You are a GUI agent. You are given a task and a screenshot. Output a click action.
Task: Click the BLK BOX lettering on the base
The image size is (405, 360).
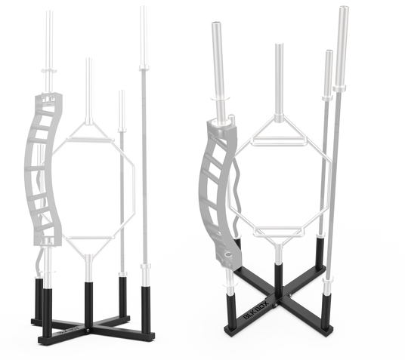coord(256,310)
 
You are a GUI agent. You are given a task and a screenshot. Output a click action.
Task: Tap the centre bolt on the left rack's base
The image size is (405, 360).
coord(88,330)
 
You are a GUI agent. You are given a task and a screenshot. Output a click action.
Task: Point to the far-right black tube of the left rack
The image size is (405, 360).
coord(145,309)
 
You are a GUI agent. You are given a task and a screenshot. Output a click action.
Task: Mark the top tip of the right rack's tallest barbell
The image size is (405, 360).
coord(344,7)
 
